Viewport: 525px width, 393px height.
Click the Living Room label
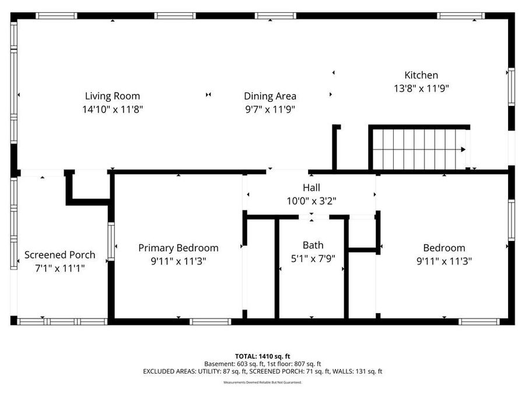113,96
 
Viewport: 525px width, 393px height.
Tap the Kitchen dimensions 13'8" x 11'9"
421,88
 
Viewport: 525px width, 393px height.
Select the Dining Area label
269,96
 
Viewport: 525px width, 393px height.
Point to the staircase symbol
419,149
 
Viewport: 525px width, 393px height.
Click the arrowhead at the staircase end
463,150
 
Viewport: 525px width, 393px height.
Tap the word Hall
311,187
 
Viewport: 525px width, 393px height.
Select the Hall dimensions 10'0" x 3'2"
311,200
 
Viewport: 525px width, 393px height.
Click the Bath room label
313,245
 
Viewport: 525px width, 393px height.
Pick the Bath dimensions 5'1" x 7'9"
313,259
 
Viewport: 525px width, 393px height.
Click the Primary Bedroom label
178,248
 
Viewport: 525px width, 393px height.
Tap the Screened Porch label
60,255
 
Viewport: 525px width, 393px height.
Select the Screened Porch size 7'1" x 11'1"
60,268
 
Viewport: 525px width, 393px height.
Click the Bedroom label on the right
444,248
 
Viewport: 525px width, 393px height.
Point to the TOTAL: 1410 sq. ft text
262,356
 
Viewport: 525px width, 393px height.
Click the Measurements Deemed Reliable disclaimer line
262,383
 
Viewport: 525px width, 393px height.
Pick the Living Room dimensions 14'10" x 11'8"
113,109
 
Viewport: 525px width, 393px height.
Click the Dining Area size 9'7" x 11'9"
269,109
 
